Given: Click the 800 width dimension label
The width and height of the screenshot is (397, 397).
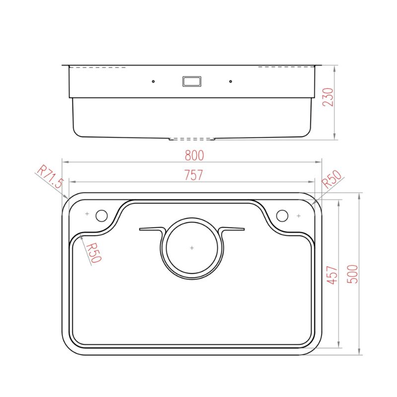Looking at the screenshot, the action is point(194,155).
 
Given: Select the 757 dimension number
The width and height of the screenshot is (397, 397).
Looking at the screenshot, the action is point(194,175).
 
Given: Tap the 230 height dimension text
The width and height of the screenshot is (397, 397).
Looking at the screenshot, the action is point(328,97).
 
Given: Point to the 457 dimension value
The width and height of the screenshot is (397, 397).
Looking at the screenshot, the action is point(332,275).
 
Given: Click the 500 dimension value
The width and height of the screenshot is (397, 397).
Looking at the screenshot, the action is point(352,274).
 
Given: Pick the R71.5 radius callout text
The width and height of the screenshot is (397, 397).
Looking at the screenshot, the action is point(50,177).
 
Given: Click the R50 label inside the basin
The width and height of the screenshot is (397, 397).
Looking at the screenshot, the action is point(93,253).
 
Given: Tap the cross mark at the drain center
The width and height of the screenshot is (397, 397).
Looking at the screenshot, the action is point(192,248).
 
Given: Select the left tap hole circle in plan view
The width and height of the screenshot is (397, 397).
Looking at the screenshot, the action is point(102,216).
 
